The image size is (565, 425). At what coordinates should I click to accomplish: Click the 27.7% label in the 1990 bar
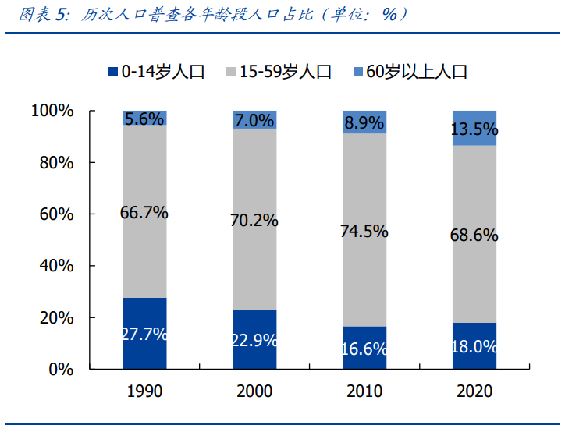point(144,335)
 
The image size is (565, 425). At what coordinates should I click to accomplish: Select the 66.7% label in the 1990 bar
point(144,213)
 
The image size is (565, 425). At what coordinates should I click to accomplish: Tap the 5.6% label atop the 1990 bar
point(144,119)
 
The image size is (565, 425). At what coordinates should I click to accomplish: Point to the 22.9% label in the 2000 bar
point(254,341)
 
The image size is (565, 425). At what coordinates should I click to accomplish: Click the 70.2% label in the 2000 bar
point(254,221)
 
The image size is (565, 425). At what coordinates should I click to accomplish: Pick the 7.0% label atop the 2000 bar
point(254,121)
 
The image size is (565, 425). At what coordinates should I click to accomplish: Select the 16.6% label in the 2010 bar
point(364,349)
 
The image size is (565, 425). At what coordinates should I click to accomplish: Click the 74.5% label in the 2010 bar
point(364,232)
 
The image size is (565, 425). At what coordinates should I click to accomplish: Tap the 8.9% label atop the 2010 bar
point(364,123)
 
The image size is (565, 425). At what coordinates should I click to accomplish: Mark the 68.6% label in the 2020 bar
point(474,235)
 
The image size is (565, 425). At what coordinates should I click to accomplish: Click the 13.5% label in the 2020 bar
point(474,129)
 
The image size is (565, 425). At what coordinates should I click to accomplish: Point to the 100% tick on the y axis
point(53,112)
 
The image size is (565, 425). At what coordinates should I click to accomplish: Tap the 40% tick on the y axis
point(57,267)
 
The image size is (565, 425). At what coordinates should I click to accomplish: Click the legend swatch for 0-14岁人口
point(113,73)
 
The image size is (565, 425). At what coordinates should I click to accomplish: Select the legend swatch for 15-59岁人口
point(232,73)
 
